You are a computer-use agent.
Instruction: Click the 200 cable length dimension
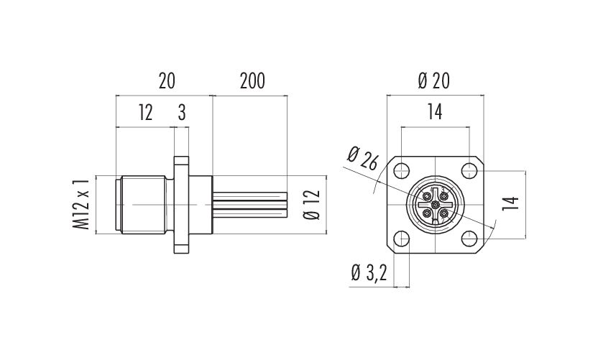point(252,81)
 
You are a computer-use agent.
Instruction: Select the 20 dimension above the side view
point(167,81)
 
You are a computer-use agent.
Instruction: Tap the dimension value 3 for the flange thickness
point(182,113)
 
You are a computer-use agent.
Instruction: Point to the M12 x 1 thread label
point(81,204)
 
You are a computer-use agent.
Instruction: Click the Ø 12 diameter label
point(312,206)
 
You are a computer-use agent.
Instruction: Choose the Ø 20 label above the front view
point(434,81)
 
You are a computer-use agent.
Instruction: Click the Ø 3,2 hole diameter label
point(369,273)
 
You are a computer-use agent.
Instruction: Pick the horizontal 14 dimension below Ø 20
point(434,112)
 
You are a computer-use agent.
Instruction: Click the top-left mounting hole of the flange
point(401,170)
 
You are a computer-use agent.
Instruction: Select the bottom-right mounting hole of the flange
point(469,239)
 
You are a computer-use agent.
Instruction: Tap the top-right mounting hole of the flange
point(469,170)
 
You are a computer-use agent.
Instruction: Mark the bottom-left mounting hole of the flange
point(401,239)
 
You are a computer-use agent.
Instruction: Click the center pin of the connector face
point(435,205)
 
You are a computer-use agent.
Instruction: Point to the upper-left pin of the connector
point(426,196)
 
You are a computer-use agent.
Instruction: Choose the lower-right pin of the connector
point(443,213)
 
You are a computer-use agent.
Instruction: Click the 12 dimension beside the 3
point(145,113)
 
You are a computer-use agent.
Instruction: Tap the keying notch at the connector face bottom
point(435,222)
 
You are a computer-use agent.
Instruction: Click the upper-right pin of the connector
point(443,196)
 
